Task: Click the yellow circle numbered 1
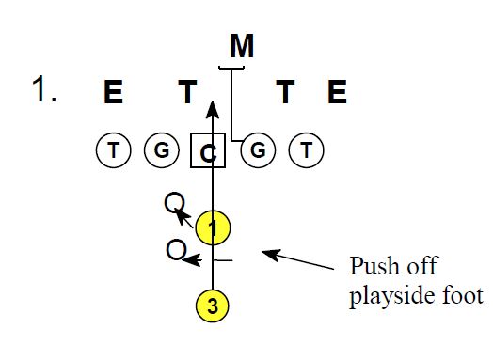pyautogui.click(x=214, y=227)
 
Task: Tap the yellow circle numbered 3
pyautogui.click(x=214, y=305)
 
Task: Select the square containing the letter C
pyautogui.click(x=208, y=149)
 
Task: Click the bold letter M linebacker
pyautogui.click(x=243, y=45)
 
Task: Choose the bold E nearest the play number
pyautogui.click(x=114, y=92)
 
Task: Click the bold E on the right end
pyautogui.click(x=337, y=92)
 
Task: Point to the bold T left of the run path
pyautogui.click(x=188, y=92)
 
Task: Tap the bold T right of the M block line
pyautogui.click(x=285, y=92)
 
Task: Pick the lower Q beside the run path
pyautogui.click(x=172, y=251)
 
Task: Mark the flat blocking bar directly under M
pyautogui.click(x=231, y=67)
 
